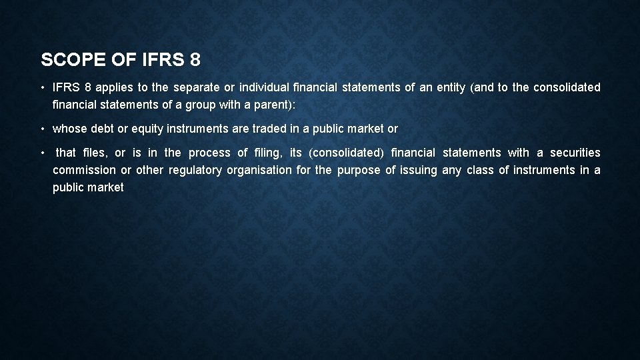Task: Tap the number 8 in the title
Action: [194, 60]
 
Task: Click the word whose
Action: [69, 129]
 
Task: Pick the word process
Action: [209, 153]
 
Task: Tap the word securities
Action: [575, 153]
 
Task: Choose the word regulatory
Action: [195, 170]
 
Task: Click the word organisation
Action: [259, 170]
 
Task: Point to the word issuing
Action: [419, 170]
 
